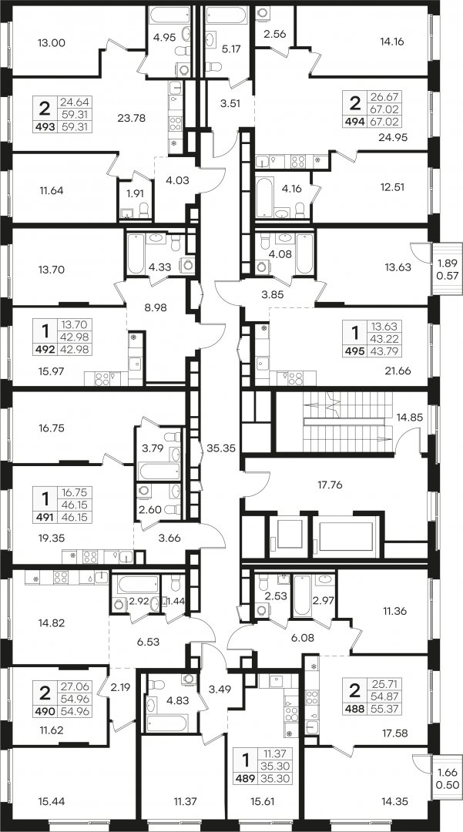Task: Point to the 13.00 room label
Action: pos(52,43)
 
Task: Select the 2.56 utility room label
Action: pos(275,34)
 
